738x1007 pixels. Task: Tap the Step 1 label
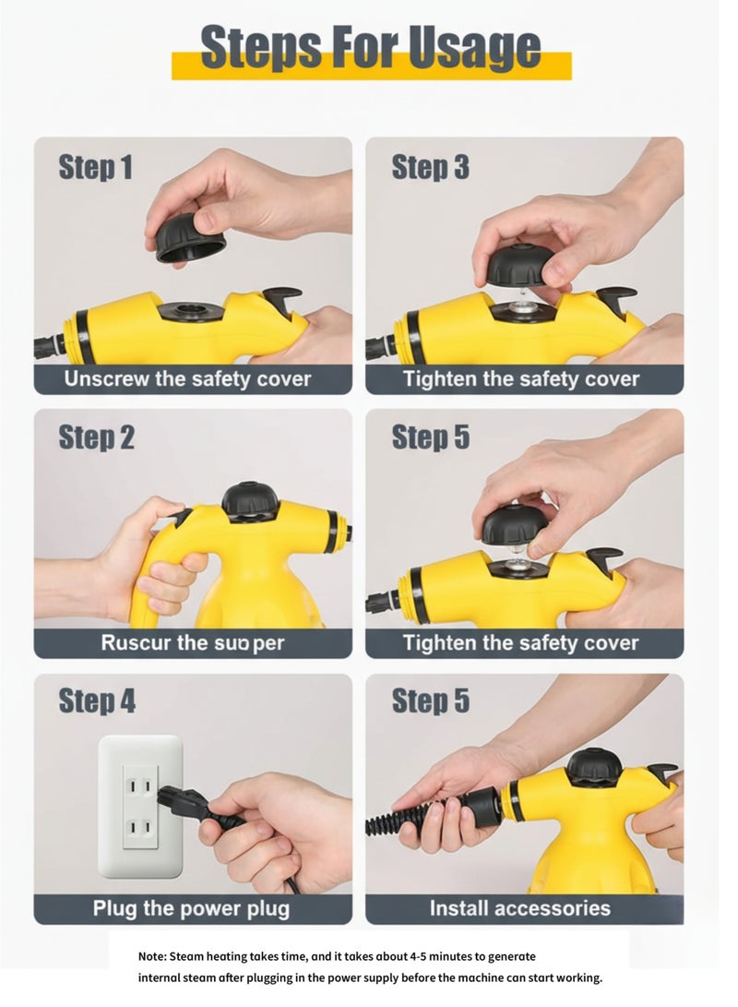(x=95, y=167)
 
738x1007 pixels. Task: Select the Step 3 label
(x=430, y=167)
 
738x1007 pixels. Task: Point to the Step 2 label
(x=96, y=438)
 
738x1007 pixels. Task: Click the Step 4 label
(x=97, y=701)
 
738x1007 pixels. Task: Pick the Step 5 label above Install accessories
(x=430, y=701)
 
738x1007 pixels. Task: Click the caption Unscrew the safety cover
(x=187, y=379)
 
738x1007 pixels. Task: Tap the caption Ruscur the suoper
(x=193, y=643)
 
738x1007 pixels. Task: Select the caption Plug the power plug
(x=191, y=908)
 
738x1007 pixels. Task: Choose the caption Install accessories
(x=520, y=908)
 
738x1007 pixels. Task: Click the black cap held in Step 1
(x=190, y=238)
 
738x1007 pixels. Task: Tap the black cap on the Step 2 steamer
(x=250, y=500)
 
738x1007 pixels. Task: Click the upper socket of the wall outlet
(x=140, y=785)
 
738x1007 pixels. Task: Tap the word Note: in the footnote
(x=153, y=957)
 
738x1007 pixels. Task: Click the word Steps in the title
(x=259, y=48)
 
